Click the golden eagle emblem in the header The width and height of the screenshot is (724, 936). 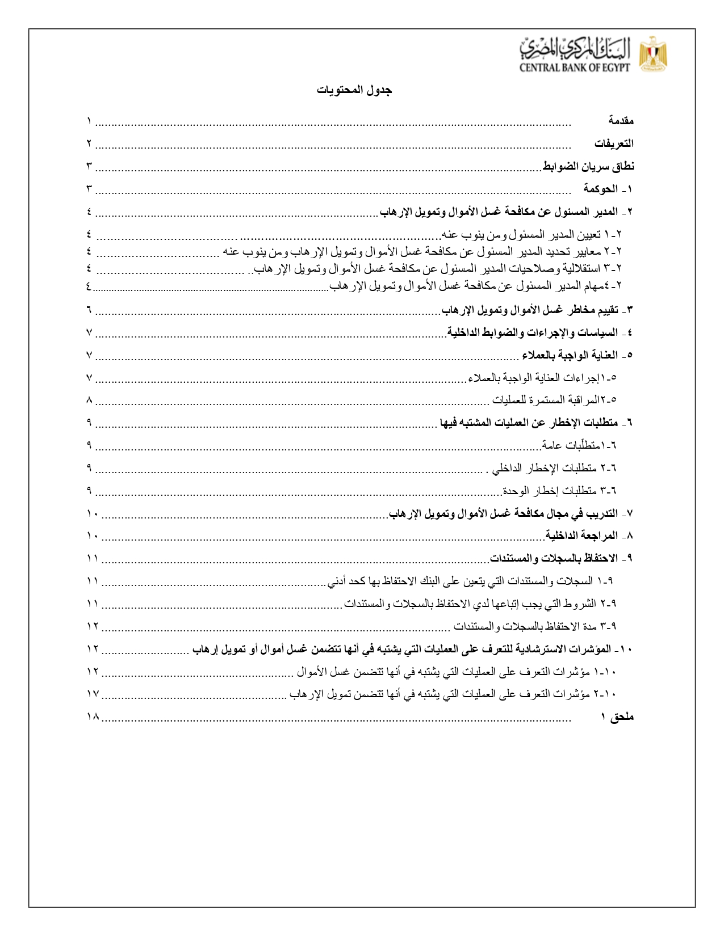[653, 54]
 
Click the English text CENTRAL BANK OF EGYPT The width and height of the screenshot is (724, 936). [575, 68]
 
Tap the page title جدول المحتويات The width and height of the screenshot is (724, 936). [354, 90]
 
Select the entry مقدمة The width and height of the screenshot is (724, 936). [621, 121]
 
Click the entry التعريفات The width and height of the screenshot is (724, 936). [614, 144]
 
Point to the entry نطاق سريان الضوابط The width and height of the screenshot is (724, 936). [588, 166]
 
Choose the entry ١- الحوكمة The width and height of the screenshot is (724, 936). [608, 189]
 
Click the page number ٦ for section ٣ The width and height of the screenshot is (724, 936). [89, 310]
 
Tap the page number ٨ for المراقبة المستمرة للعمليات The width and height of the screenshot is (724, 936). [89, 400]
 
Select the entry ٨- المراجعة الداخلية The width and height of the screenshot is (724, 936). [589, 536]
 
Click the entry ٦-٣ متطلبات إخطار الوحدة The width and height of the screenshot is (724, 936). [559, 490]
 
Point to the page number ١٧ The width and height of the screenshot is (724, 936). [93, 694]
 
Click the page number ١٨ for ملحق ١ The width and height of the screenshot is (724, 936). [93, 717]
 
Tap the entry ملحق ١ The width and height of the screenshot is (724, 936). [617, 717]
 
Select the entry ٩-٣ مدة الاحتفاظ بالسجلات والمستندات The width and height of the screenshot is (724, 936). [535, 626]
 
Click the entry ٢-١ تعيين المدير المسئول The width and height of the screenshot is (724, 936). [532, 234]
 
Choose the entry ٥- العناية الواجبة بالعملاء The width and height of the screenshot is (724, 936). [577, 355]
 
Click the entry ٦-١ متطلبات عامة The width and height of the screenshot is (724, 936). [579, 445]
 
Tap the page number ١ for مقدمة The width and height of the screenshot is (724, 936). [89, 121]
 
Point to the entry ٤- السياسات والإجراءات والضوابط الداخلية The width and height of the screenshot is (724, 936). [539, 332]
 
